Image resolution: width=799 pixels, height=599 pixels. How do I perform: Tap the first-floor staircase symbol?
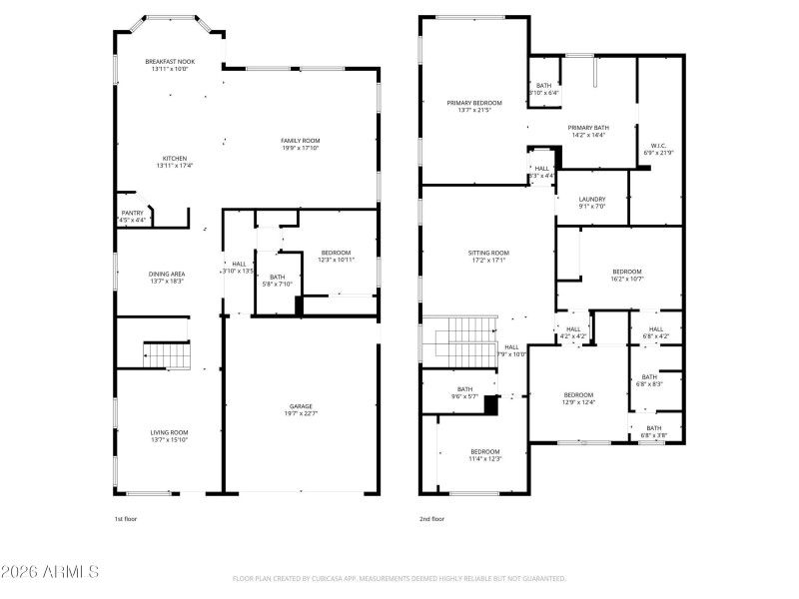(x=166, y=354)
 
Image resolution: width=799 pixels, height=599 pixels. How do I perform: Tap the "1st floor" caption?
(x=126, y=519)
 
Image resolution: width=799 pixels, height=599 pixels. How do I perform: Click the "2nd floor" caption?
(x=431, y=519)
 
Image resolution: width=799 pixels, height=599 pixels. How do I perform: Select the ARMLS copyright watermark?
(x=50, y=572)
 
